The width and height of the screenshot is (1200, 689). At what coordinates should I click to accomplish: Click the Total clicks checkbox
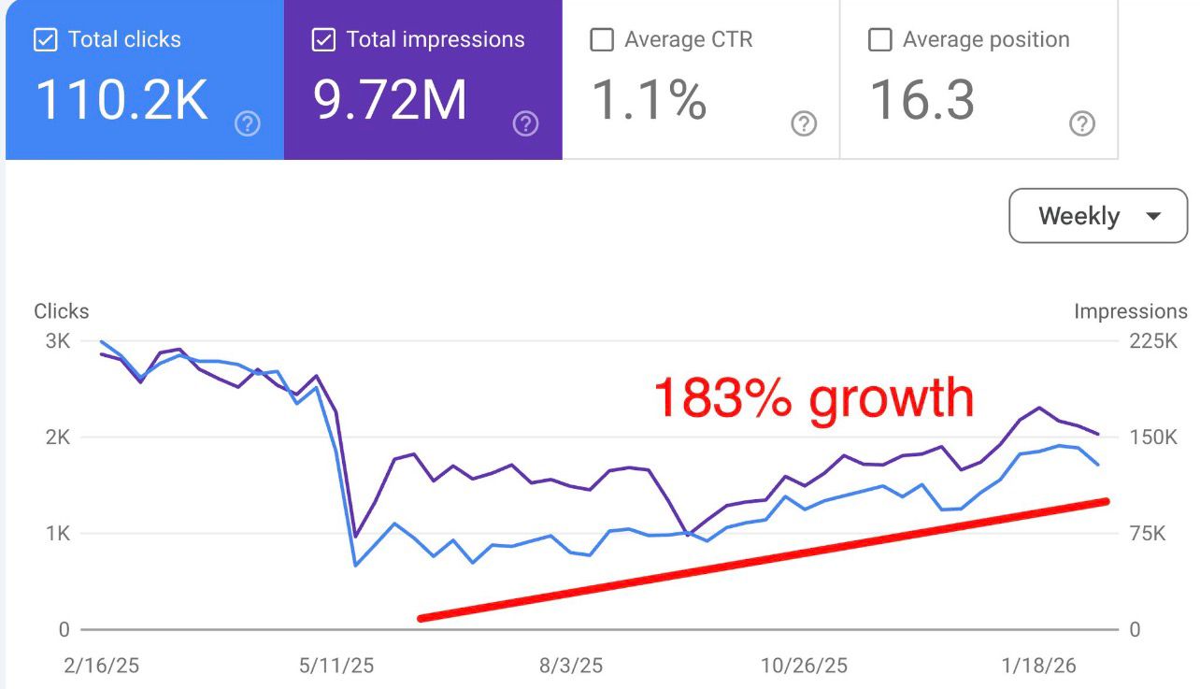(x=44, y=40)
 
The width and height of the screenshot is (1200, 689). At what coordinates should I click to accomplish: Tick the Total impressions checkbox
(x=323, y=40)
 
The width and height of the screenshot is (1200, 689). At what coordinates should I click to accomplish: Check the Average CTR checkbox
(x=603, y=40)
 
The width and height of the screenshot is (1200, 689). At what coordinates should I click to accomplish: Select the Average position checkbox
(x=880, y=40)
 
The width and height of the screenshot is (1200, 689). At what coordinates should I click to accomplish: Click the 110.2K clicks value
(x=121, y=101)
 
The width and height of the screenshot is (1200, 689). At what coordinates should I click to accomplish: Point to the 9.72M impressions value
(x=390, y=101)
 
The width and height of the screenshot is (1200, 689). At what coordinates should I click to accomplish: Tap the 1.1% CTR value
(x=650, y=101)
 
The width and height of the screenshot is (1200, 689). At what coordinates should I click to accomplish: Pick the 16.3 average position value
(x=922, y=101)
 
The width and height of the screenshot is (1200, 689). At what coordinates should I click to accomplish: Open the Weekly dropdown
(x=1098, y=216)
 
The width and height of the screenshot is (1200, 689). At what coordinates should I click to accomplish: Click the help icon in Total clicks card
(x=248, y=123)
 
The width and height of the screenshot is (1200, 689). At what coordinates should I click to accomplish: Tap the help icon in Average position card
(x=1081, y=123)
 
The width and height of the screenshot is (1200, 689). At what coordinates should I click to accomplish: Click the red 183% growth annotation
(x=813, y=399)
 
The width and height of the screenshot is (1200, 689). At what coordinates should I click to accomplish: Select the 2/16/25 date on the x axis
(x=103, y=667)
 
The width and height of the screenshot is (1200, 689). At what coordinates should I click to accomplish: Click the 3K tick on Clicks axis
(x=57, y=341)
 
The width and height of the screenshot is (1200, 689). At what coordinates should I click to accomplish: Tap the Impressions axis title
(x=1130, y=312)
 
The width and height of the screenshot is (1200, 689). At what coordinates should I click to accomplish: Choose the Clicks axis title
(x=62, y=312)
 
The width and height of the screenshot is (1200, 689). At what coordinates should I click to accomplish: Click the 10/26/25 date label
(x=804, y=667)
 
